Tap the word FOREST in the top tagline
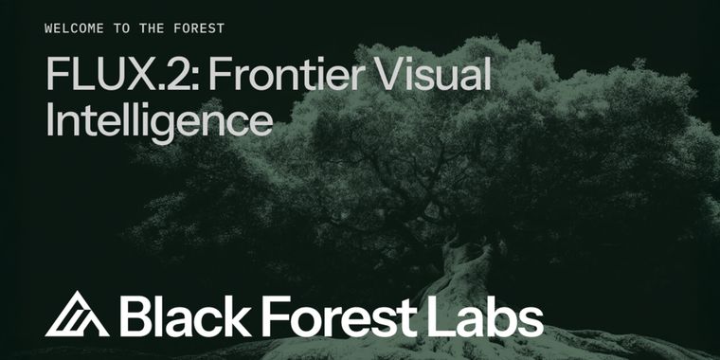pos(198,28)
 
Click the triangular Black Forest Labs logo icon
pos(77,315)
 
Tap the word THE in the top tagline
pos(152,28)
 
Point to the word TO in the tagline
pos(122,28)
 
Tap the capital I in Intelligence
pos(49,121)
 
